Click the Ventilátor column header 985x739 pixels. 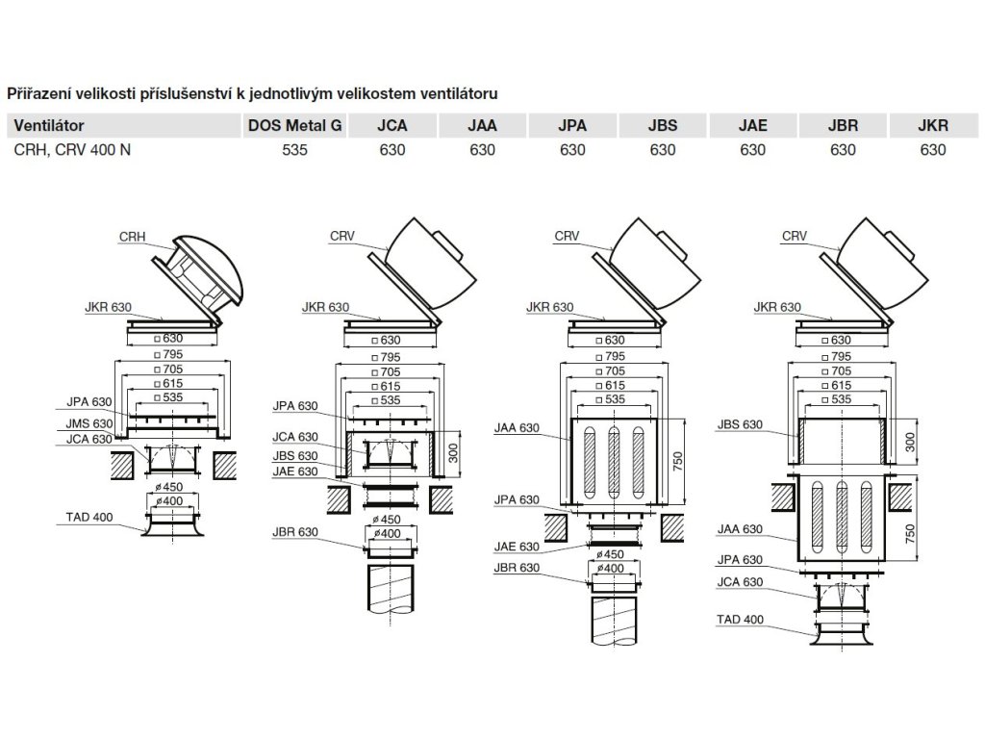pyautogui.click(x=50, y=125)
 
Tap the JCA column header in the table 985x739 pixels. pyautogui.click(x=391, y=125)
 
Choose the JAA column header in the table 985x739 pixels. pyautogui.click(x=482, y=125)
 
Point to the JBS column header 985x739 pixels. pyautogui.click(x=663, y=125)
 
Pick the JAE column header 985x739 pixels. pyautogui.click(x=752, y=125)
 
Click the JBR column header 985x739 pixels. pyautogui.click(x=843, y=125)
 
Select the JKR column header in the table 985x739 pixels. pyautogui.click(x=933, y=125)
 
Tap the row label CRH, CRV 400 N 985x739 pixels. pyautogui.click(x=73, y=150)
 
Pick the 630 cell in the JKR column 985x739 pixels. pyautogui.click(x=933, y=150)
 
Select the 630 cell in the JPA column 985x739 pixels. pyautogui.click(x=572, y=150)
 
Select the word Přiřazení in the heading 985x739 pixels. pyautogui.click(x=38, y=93)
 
